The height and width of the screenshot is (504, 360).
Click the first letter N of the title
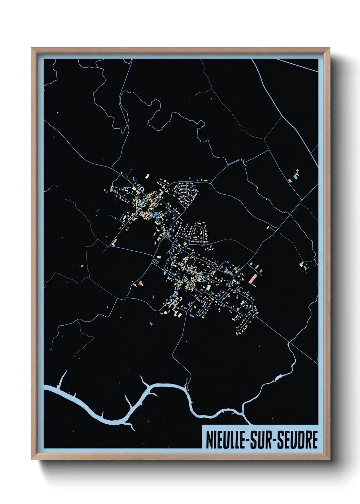pyautogui.click(x=209, y=440)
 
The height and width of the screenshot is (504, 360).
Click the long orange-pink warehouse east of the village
pyautogui.click(x=252, y=279)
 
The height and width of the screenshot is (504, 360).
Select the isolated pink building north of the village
pyautogui.click(x=147, y=176)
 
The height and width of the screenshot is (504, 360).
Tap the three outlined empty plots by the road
pyautogui.click(x=156, y=261)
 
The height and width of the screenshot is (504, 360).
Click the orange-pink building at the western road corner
pyautogui.click(x=114, y=242)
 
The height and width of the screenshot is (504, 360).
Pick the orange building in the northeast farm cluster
pyautogui.click(x=290, y=180)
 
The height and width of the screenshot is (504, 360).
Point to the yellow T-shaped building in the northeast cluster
pyautogui.click(x=297, y=172)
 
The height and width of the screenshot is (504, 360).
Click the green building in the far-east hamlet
pyautogui.click(x=301, y=264)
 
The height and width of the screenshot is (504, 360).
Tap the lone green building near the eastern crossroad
pyautogui.click(x=268, y=227)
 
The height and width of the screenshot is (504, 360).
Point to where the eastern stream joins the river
pyautogui.click(x=242, y=413)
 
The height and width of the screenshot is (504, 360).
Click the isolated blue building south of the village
pyautogui.click(x=151, y=324)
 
